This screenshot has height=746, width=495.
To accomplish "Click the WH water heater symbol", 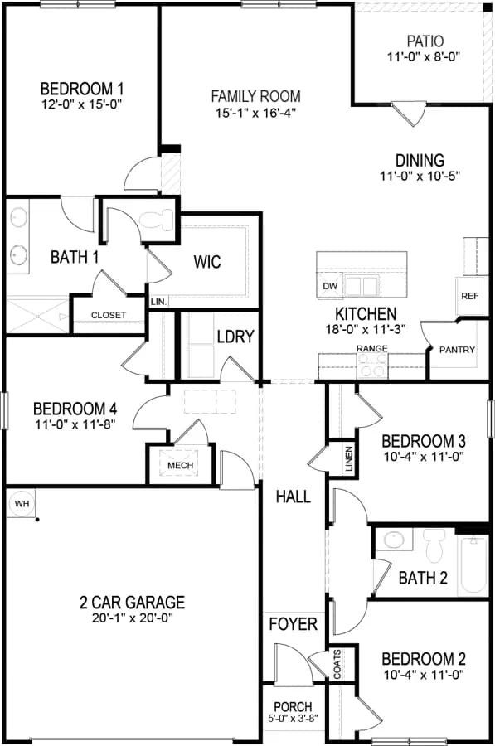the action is pyautogui.click(x=21, y=504).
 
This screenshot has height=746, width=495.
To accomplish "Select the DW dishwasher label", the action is pyautogui.click(x=330, y=287).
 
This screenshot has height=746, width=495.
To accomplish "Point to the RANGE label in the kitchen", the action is pyautogui.click(x=372, y=349).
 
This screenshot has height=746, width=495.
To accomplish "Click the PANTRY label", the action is pyautogui.click(x=458, y=350).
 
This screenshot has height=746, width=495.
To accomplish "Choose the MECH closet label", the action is pyautogui.click(x=181, y=465).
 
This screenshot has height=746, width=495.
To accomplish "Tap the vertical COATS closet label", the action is pyautogui.click(x=337, y=665).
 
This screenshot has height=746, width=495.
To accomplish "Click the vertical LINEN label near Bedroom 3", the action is pyautogui.click(x=349, y=458).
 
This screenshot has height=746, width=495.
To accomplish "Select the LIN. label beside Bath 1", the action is pyautogui.click(x=158, y=302).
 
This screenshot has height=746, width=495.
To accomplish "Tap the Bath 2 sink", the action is pyautogui.click(x=394, y=540).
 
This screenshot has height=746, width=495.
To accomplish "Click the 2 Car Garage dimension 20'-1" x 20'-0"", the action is pyautogui.click(x=133, y=618).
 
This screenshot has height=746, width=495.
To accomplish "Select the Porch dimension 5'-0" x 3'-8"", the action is pyautogui.click(x=294, y=718).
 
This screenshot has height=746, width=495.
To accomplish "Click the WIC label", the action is pyautogui.click(x=207, y=262).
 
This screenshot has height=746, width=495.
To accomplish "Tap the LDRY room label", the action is pyautogui.click(x=235, y=337).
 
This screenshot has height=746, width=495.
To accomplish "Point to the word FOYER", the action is pyautogui.click(x=294, y=623).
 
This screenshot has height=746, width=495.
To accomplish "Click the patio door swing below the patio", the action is pyautogui.click(x=409, y=114).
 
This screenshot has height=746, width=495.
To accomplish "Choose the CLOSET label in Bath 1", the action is pyautogui.click(x=109, y=316).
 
